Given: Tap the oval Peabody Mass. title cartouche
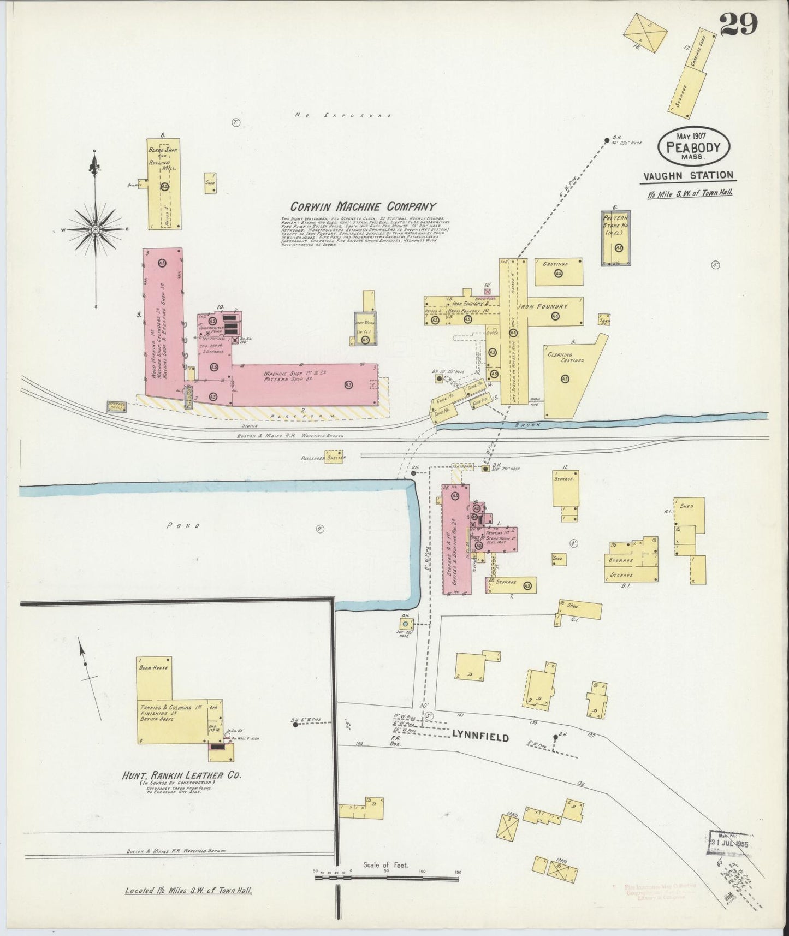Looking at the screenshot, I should (692, 147).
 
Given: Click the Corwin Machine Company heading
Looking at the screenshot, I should (363, 206).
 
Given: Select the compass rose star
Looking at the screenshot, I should (96, 229).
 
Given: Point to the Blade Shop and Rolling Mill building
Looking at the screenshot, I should (163, 186).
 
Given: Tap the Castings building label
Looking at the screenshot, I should (555, 264).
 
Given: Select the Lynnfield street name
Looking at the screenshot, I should (480, 738).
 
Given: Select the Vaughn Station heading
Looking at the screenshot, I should (688, 175).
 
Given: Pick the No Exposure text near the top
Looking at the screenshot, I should (343, 116).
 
